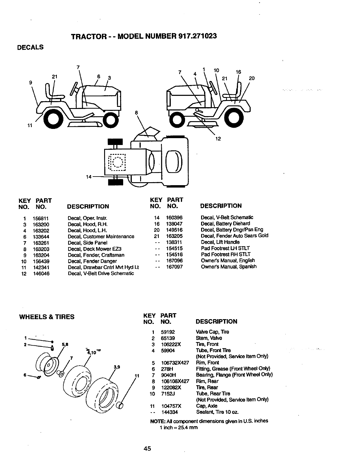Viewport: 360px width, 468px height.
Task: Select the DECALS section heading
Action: (x=31, y=47)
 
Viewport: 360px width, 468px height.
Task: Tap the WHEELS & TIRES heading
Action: (x=47, y=317)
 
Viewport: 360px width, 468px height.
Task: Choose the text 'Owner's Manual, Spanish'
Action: (x=228, y=267)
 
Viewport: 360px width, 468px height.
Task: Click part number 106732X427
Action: (x=175, y=363)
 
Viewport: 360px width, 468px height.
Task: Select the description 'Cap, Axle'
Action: (x=207, y=406)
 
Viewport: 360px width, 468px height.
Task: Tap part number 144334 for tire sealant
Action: (x=170, y=412)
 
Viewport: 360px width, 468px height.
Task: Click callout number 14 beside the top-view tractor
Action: (x=88, y=177)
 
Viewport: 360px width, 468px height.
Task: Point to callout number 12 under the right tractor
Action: (x=218, y=139)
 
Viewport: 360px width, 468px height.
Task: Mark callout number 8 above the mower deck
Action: (x=136, y=113)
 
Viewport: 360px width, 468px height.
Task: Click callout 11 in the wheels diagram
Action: (x=137, y=375)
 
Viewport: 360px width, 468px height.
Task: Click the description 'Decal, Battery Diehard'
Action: (x=225, y=224)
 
